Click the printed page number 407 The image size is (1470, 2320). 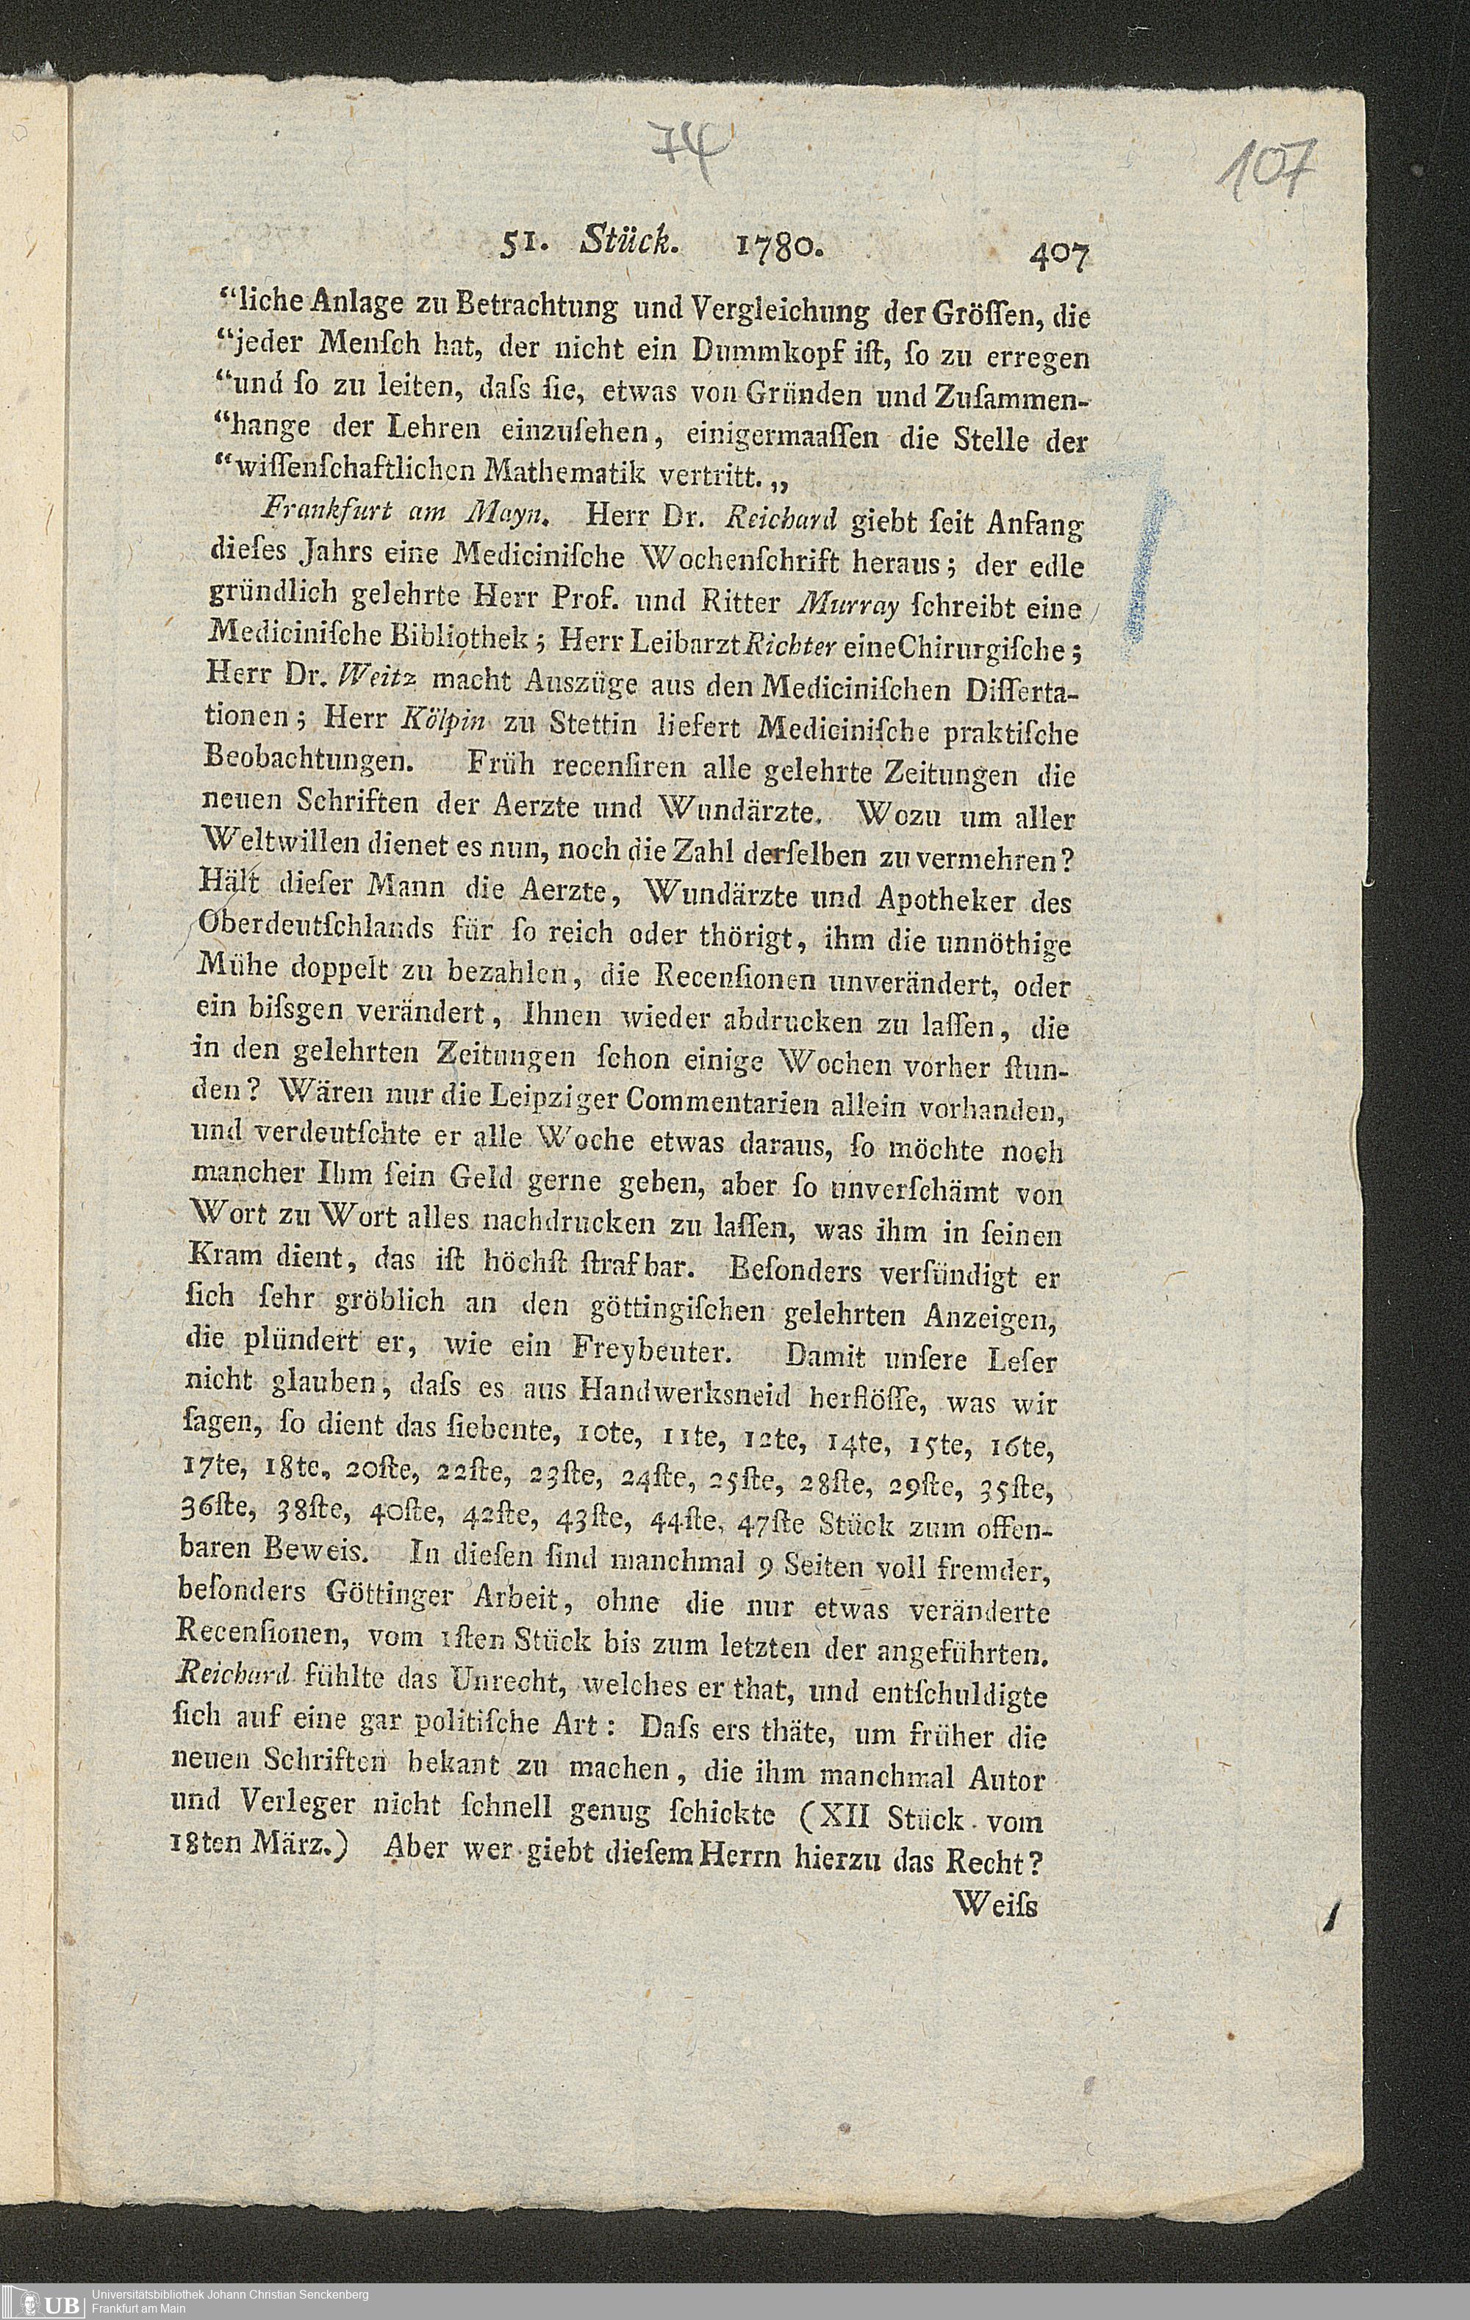1058,257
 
